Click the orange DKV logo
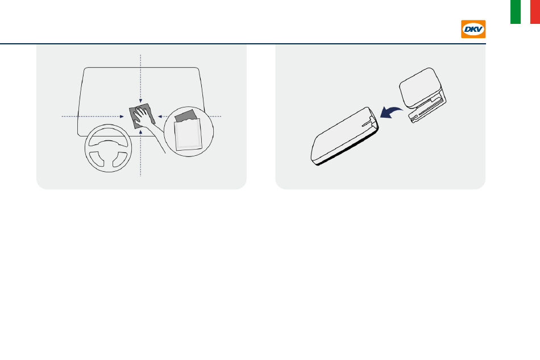point(473,29)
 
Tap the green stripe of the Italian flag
point(516,12)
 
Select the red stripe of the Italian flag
point(535,12)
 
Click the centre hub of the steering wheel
point(108,152)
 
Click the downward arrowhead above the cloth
point(140,101)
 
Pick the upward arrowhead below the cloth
point(140,132)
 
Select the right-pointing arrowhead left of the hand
point(122,117)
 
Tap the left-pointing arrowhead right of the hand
point(160,117)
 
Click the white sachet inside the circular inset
point(188,135)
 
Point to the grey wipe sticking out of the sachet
point(186,116)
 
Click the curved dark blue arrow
point(391,112)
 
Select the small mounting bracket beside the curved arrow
point(422,94)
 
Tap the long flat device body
point(344,136)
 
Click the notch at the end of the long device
point(371,121)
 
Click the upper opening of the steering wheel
point(108,138)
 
